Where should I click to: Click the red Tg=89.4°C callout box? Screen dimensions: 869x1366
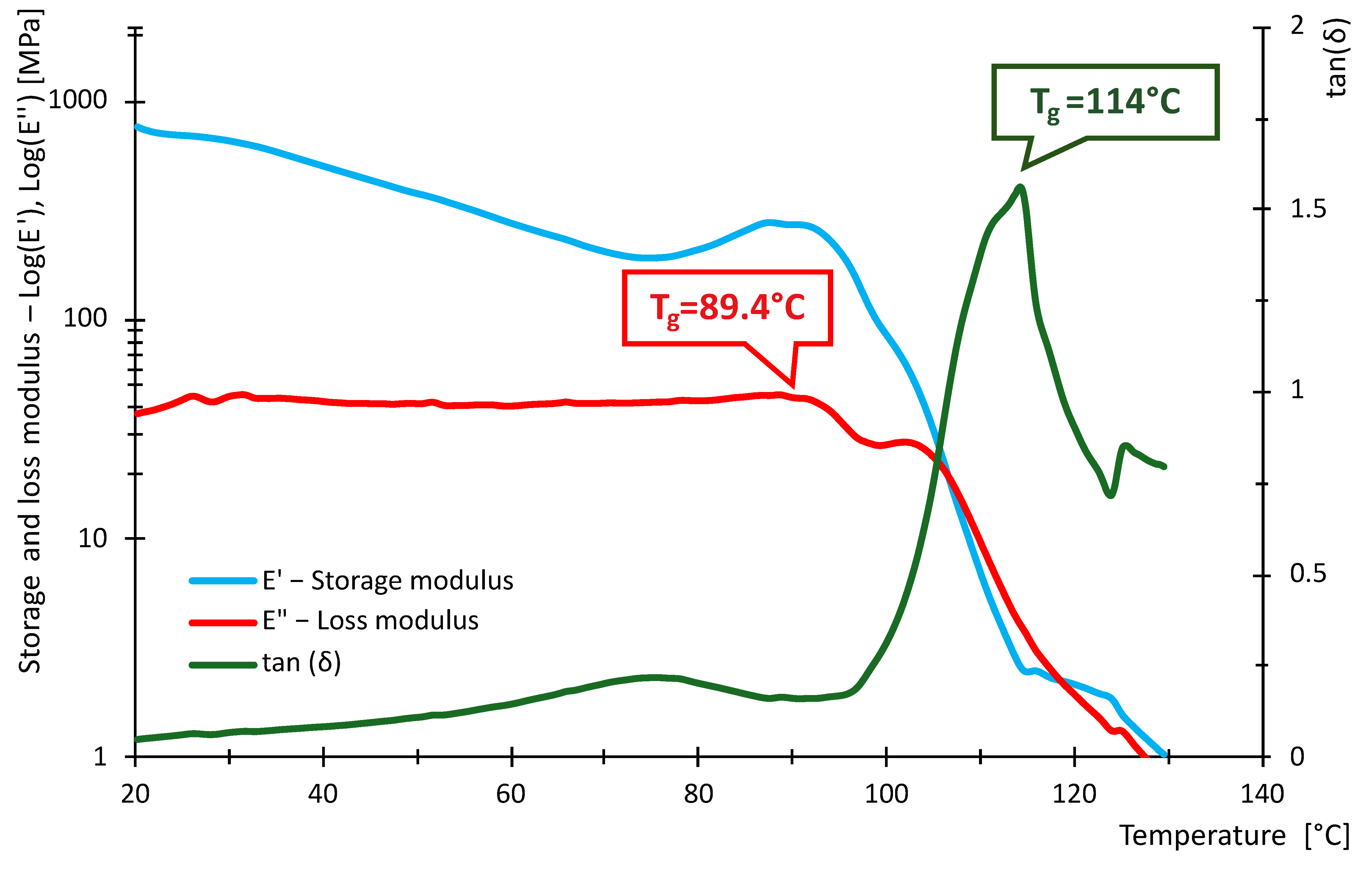727,308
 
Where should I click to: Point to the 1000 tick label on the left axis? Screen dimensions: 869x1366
78,101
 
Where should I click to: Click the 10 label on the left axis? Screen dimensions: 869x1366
93,538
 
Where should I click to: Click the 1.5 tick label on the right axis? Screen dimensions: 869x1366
1308,209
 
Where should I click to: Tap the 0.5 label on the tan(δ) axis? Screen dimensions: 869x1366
1308,574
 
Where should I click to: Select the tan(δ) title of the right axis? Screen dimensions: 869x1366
1337,57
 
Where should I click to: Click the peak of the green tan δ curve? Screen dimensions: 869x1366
1020,187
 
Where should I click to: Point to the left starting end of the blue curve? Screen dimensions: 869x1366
137,126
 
